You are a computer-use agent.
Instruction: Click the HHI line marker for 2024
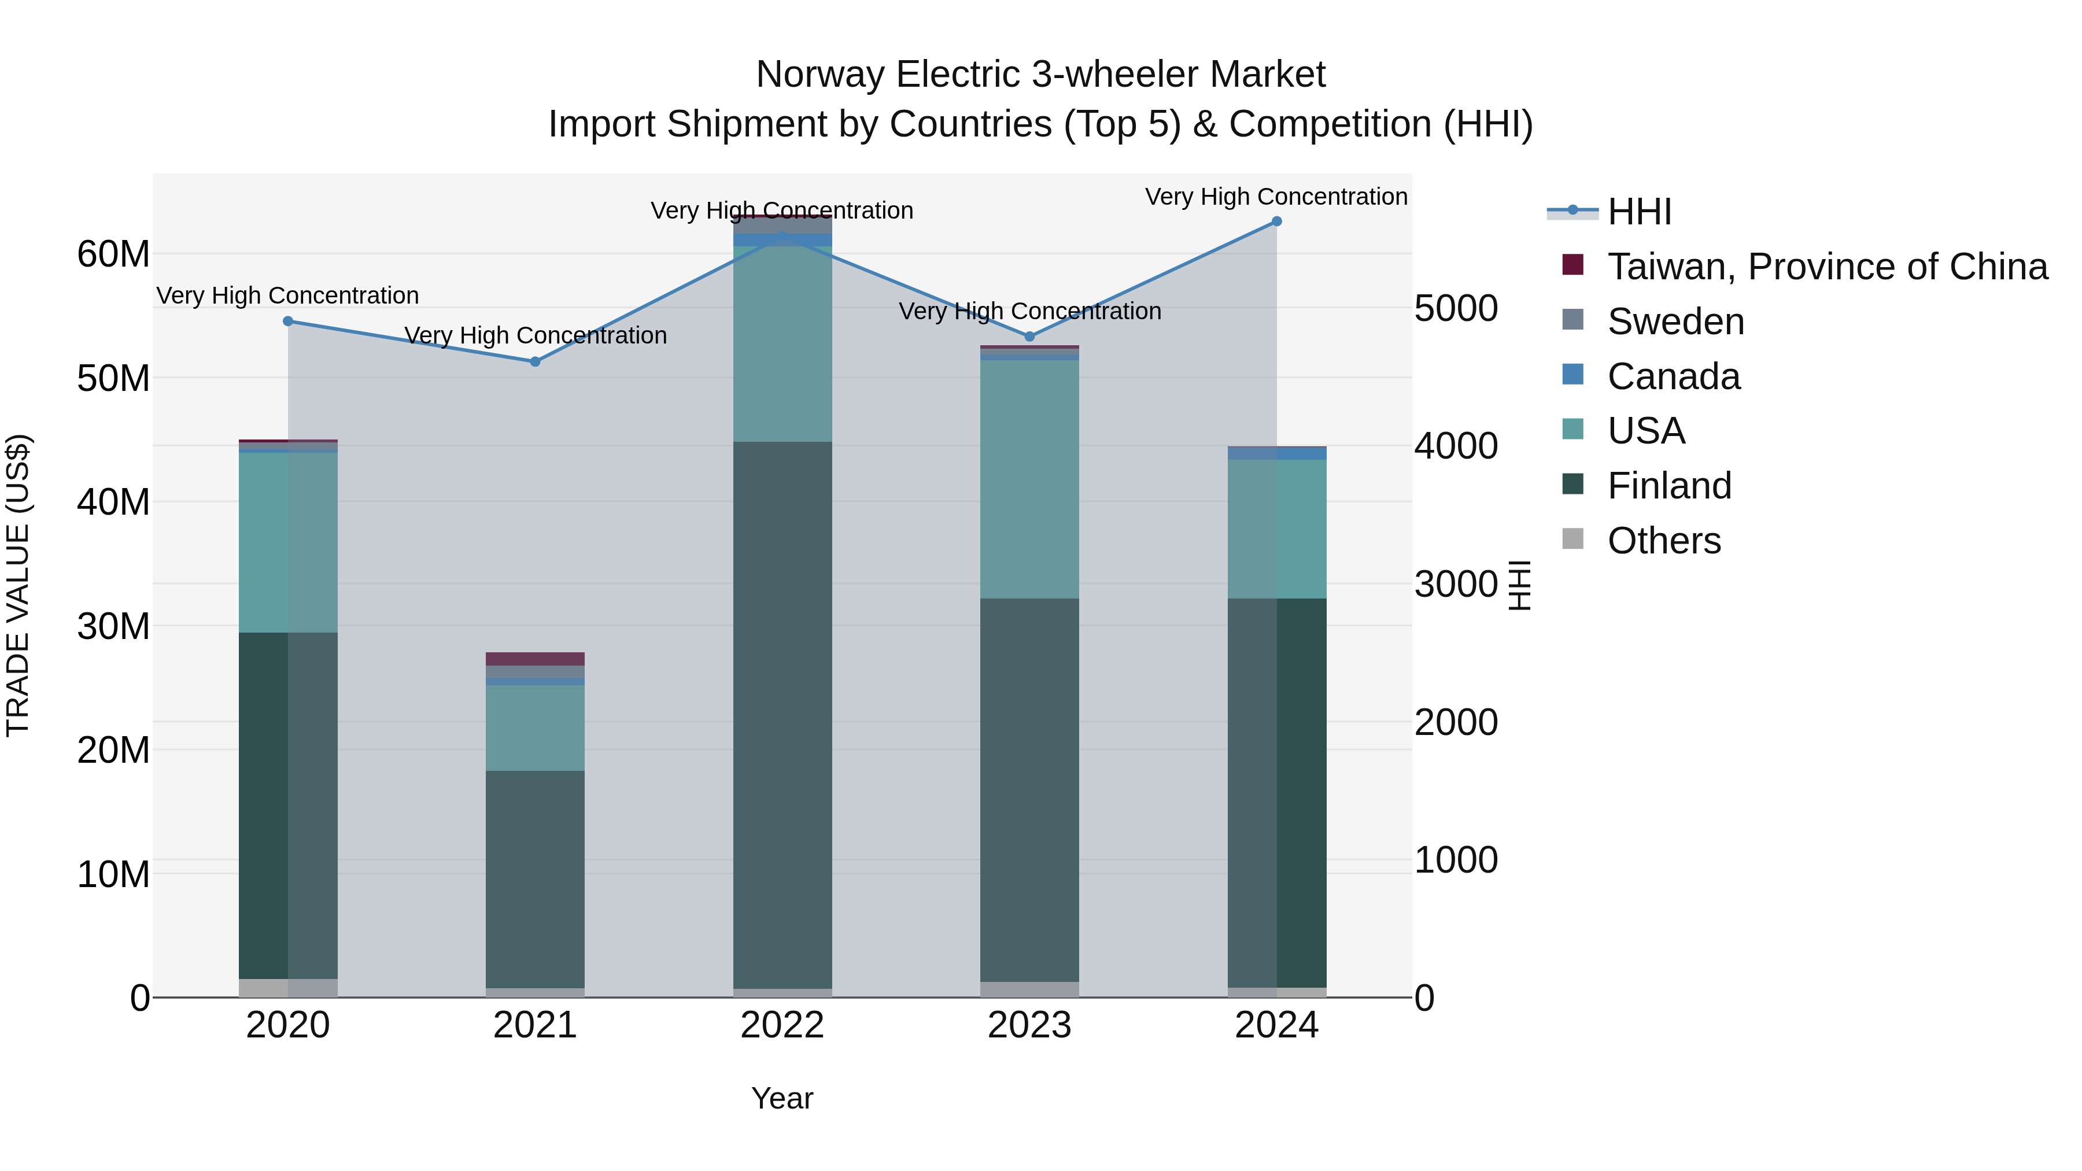tap(1276, 221)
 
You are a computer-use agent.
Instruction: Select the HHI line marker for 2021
tap(535, 362)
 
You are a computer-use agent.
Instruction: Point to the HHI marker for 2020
tap(288, 322)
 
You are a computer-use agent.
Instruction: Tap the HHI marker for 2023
tap(1029, 336)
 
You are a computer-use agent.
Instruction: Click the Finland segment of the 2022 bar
tap(782, 715)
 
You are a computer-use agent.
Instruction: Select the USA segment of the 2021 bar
tap(535, 727)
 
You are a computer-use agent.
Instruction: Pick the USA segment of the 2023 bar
tap(1029, 478)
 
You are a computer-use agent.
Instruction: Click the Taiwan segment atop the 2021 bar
tap(535, 659)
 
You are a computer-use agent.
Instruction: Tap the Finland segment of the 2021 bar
tap(535, 879)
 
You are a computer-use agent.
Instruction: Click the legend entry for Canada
tap(1673, 376)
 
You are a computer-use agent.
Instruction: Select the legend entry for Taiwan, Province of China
tap(1826, 267)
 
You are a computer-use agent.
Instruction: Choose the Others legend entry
tap(1663, 541)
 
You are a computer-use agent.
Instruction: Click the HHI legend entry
tap(1639, 212)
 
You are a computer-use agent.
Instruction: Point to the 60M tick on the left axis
tap(113, 254)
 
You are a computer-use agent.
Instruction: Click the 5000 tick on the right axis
tap(1456, 308)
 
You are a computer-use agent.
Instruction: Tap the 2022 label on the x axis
tap(782, 1025)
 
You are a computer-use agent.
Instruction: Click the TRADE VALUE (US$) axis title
tap(18, 585)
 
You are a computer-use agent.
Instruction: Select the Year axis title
tap(782, 1098)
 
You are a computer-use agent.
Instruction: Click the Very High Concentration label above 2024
tap(1276, 197)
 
